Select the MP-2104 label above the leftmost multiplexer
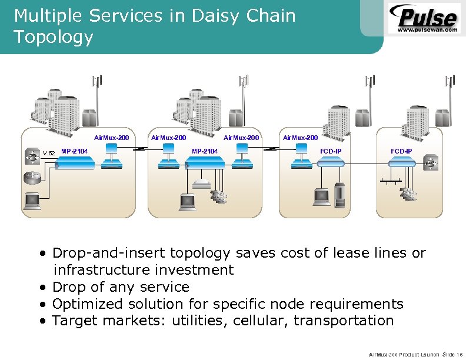pos(75,152)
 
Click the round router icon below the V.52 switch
pos(31,177)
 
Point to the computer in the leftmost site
pos(31,201)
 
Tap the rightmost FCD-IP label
pos(401,152)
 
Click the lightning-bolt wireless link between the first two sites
pos(139,149)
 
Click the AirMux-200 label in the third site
pos(300,138)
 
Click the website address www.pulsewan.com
pos(428,29)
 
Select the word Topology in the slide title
pos(54,37)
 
